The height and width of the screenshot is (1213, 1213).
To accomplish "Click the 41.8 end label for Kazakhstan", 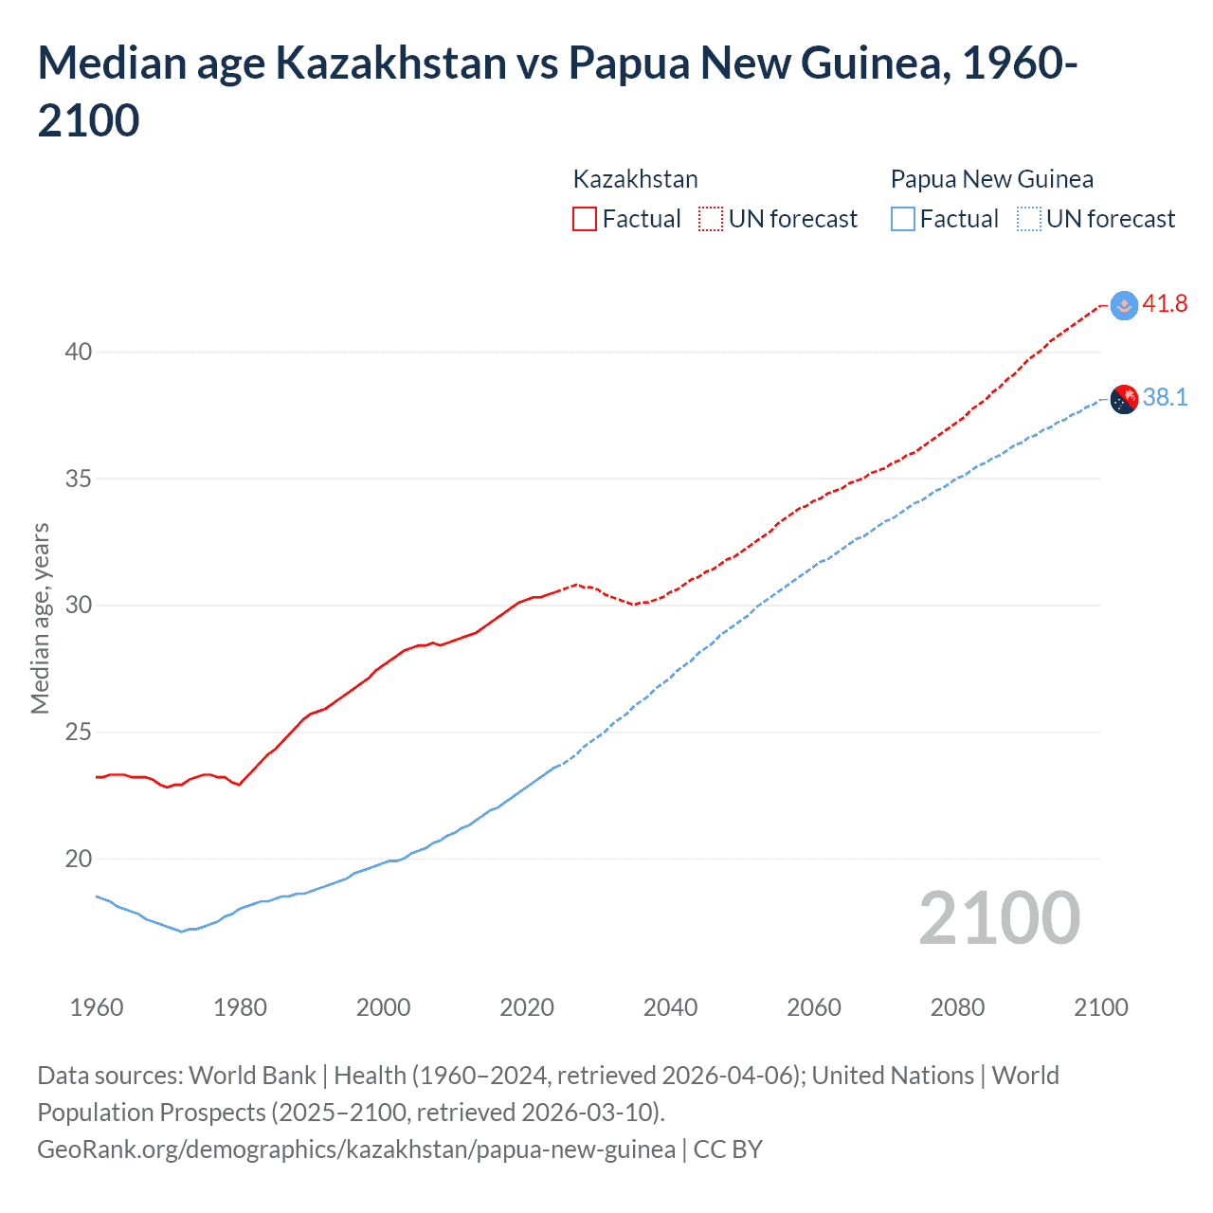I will click(x=1165, y=303).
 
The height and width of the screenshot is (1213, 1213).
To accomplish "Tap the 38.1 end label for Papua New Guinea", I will click(x=1165, y=397).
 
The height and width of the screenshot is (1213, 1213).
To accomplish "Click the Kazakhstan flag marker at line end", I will click(x=1124, y=305).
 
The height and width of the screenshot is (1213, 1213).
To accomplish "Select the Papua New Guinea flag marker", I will click(x=1124, y=400).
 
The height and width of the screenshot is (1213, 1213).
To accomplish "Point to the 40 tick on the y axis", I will click(x=79, y=352).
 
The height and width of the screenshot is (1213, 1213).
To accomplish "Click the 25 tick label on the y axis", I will click(x=79, y=732).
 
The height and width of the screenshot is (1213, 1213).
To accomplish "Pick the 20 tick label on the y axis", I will click(x=79, y=859).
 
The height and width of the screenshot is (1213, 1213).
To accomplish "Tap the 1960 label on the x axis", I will click(x=97, y=1007).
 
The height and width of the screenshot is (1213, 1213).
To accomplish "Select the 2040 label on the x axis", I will click(x=670, y=1007).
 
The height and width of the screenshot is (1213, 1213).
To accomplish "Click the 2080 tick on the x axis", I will click(x=957, y=1007).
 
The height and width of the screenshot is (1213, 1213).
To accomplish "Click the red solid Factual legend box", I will click(x=585, y=219).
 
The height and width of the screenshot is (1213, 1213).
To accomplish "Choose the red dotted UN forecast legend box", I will click(x=711, y=219).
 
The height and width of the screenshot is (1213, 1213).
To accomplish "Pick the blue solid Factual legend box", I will click(x=903, y=219).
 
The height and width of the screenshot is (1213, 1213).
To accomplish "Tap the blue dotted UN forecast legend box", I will click(x=1028, y=219).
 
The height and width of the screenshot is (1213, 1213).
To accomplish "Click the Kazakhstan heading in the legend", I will click(x=635, y=179).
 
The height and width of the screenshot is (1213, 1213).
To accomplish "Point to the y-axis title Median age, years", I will click(x=40, y=618).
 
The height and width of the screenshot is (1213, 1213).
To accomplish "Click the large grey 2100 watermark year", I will click(x=999, y=917).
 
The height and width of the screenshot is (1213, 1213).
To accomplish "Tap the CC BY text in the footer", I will click(x=728, y=1150).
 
